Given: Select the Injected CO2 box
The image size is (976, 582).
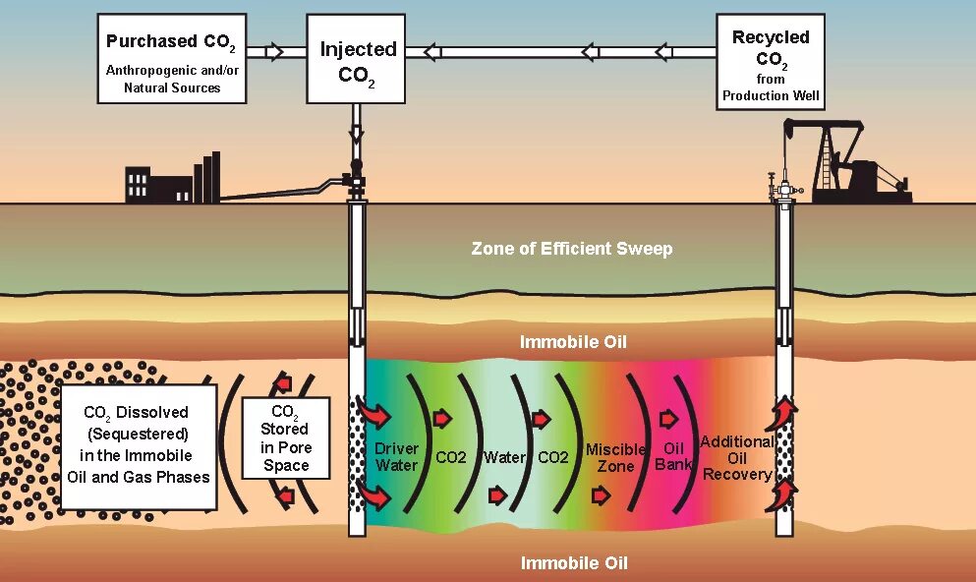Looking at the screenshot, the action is (x=357, y=59).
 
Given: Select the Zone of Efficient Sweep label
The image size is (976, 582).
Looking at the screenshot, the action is (x=571, y=249).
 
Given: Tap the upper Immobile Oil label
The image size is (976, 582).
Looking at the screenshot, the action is (x=573, y=342).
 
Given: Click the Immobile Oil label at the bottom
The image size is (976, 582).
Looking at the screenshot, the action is (x=573, y=563).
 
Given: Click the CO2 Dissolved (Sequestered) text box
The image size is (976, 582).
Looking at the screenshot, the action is (x=137, y=445).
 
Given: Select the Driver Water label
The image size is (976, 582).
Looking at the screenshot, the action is (x=396, y=457).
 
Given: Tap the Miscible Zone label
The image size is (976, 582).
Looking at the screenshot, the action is (x=615, y=458).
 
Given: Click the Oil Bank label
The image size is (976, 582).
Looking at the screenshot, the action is (x=673, y=457).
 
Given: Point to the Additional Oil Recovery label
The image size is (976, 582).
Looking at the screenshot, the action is (x=736, y=458).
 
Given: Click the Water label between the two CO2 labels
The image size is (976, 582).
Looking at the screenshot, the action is (x=504, y=457).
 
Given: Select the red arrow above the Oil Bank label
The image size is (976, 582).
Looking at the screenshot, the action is (x=668, y=420).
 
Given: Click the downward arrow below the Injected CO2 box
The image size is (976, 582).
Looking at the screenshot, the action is (x=356, y=128).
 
